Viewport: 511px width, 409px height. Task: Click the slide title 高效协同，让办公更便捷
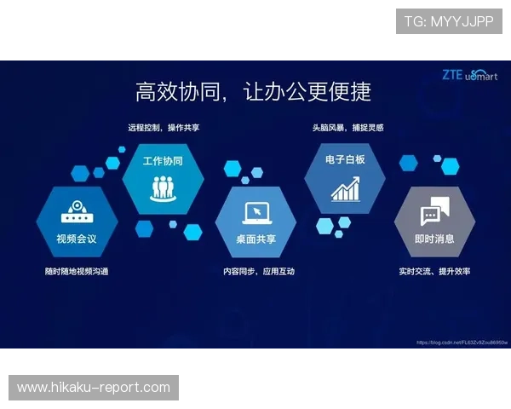pyautogui.click(x=253, y=90)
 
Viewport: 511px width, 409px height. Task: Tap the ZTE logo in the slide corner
pyautogui.click(x=452, y=74)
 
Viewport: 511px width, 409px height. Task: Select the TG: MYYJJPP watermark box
pyautogui.click(x=449, y=20)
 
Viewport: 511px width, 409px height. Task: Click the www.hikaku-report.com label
pyautogui.click(x=95, y=388)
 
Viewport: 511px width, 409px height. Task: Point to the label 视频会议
pyautogui.click(x=77, y=239)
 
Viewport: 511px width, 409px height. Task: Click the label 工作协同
pyautogui.click(x=162, y=160)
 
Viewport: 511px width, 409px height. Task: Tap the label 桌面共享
pyautogui.click(x=255, y=239)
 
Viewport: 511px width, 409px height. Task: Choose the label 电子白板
pyautogui.click(x=345, y=159)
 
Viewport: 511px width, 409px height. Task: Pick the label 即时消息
pyautogui.click(x=434, y=239)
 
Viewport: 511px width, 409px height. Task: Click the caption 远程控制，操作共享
pyautogui.click(x=164, y=127)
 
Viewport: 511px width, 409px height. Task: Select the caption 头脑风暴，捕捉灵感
pyautogui.click(x=347, y=127)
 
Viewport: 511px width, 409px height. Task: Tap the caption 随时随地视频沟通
pyautogui.click(x=77, y=271)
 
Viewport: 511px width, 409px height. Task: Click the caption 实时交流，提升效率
pyautogui.click(x=434, y=271)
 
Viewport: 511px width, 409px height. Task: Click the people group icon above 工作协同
pyautogui.click(x=162, y=187)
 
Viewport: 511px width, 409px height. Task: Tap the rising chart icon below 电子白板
pyautogui.click(x=345, y=188)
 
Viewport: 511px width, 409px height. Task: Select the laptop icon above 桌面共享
pyautogui.click(x=255, y=212)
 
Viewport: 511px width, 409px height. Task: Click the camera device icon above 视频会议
pyautogui.click(x=77, y=213)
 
